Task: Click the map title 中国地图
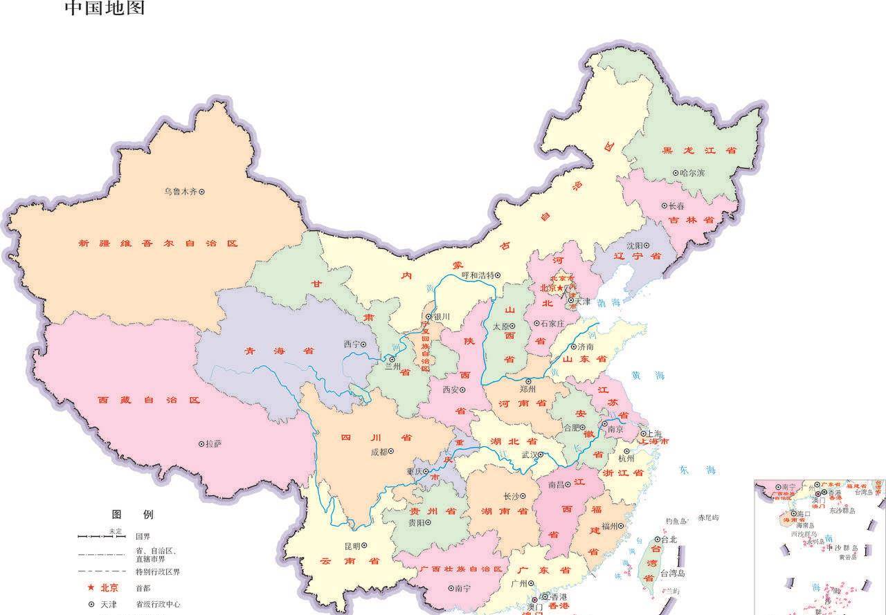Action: tap(105, 8)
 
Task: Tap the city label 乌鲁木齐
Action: tap(181, 192)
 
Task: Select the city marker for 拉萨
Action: tap(201, 443)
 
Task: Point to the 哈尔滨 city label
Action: tap(692, 173)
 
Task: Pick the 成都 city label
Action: tap(378, 451)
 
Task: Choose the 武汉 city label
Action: tap(528, 455)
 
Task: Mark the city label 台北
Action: tap(669, 540)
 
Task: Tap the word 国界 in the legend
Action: tap(143, 536)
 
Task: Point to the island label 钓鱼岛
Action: tap(676, 521)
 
